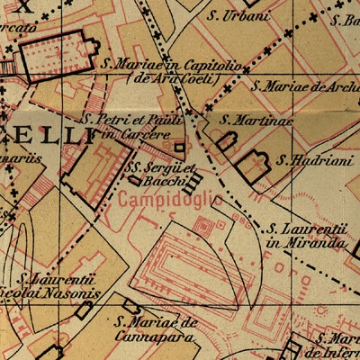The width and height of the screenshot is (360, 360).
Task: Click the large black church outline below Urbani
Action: point(55,58)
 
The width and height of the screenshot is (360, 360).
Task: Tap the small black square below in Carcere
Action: point(179,147)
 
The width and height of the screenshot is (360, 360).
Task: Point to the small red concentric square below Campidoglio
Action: point(204,228)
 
